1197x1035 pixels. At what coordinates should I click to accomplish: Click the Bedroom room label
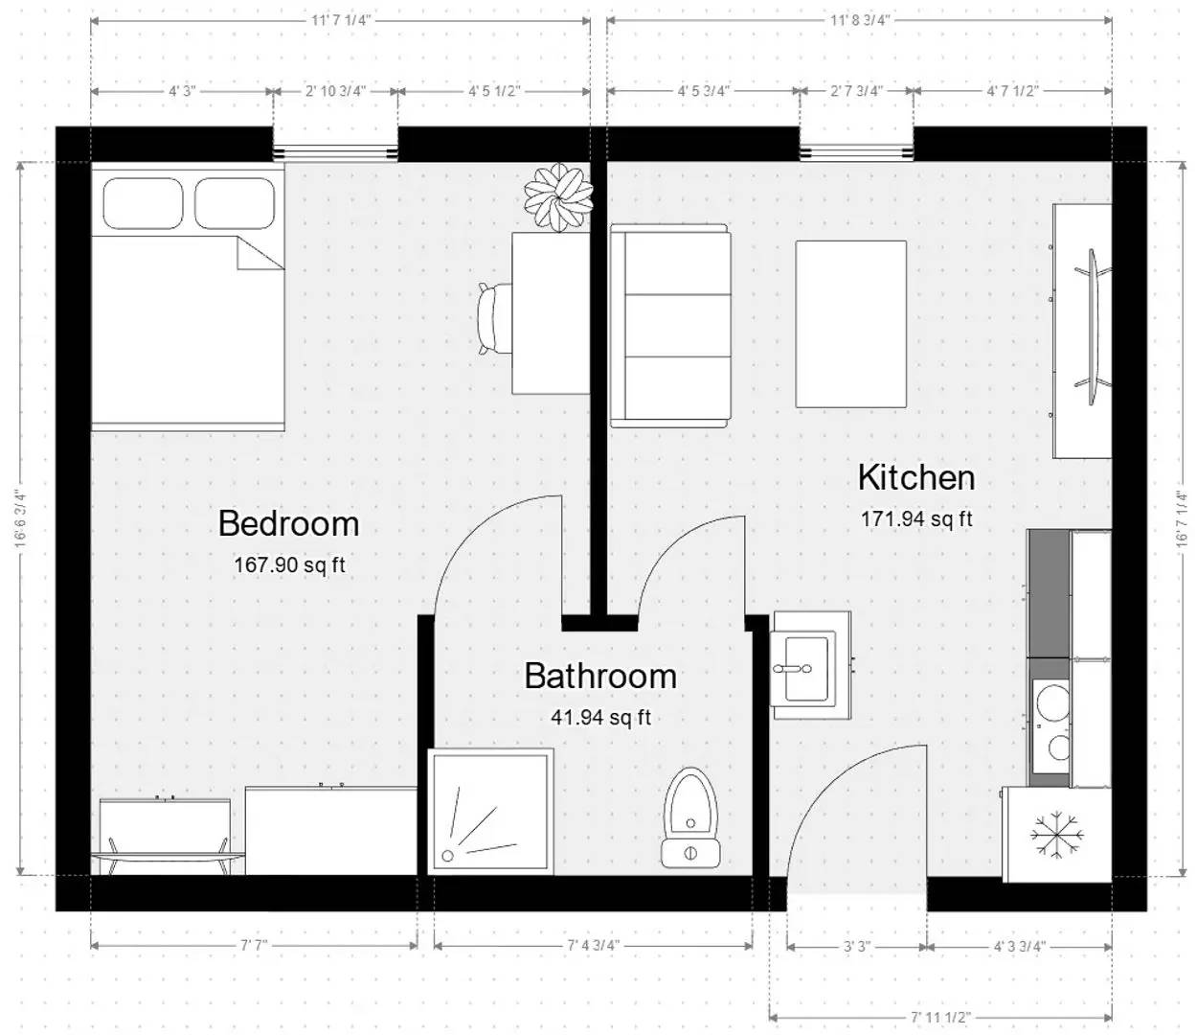click(x=288, y=523)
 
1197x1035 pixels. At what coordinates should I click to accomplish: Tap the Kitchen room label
click(x=915, y=477)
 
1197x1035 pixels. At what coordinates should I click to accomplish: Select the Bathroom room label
click(x=600, y=676)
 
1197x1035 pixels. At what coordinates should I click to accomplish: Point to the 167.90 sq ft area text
click(x=289, y=565)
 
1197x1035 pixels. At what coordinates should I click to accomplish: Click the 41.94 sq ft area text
click(x=600, y=717)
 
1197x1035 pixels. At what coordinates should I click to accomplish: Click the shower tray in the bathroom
click(x=491, y=811)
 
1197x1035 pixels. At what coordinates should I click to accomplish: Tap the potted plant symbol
click(x=557, y=197)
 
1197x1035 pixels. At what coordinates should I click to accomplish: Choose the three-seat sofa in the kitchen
click(x=670, y=326)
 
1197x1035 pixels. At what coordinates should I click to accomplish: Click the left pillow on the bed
click(x=143, y=202)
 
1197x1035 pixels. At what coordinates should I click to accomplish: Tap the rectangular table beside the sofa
click(x=851, y=324)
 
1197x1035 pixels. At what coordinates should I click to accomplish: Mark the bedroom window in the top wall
click(x=335, y=151)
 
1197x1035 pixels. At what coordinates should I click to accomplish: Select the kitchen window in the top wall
click(x=857, y=150)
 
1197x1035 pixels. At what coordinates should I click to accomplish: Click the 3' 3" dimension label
click(x=856, y=946)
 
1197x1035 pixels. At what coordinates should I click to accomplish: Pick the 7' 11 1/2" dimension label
click(x=940, y=1017)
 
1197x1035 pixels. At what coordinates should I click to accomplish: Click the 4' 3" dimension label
click(x=182, y=91)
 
